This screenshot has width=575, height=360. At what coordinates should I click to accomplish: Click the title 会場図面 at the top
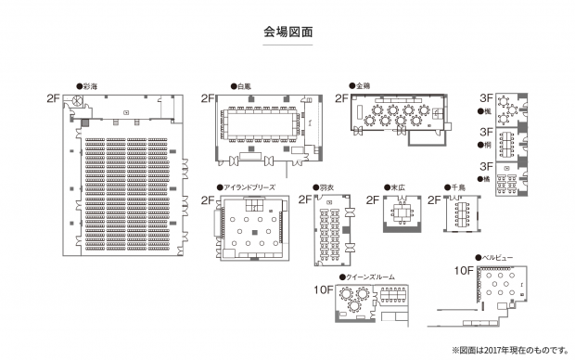(x=287, y=31)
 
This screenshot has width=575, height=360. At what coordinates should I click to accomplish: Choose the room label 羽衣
(x=326, y=186)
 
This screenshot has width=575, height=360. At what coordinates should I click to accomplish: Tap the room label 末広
(x=398, y=186)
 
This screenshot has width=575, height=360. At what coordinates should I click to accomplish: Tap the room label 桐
(x=487, y=146)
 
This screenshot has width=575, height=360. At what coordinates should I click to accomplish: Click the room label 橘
(x=487, y=177)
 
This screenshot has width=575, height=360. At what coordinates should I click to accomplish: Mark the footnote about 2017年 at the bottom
(x=508, y=350)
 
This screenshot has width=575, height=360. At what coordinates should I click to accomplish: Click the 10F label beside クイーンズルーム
(x=323, y=289)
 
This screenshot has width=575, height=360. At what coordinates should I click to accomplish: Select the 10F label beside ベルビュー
(x=464, y=270)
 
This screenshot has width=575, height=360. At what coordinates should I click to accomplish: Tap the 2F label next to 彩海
(x=52, y=97)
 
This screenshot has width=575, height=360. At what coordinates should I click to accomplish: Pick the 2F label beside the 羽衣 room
(x=304, y=199)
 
